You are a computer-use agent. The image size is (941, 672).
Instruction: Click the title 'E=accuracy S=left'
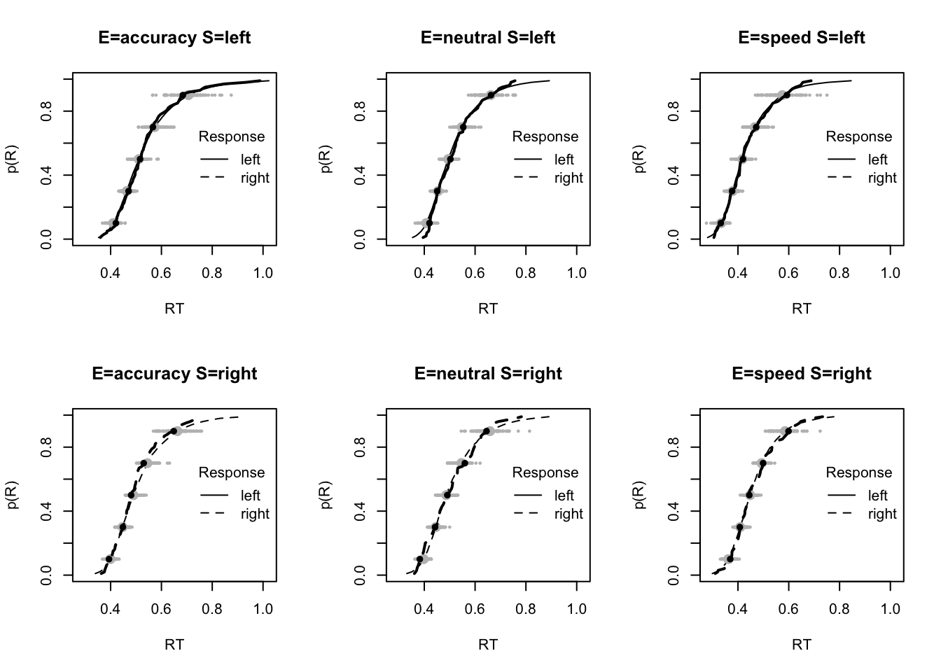[174, 38]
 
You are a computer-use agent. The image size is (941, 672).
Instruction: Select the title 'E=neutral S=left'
[488, 38]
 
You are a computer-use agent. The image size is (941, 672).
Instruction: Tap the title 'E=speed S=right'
[802, 374]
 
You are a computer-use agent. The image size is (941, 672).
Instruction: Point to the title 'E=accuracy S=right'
[174, 374]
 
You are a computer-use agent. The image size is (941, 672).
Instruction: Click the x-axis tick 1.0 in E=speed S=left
[890, 272]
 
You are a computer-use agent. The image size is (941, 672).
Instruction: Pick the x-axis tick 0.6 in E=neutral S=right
[475, 608]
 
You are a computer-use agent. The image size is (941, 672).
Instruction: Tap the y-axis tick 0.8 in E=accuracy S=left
[47, 111]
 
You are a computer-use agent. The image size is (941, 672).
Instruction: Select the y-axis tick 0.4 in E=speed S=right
[674, 512]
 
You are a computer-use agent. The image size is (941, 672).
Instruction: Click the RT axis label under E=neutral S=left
[488, 308]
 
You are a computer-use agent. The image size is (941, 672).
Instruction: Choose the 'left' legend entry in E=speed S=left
[877, 160]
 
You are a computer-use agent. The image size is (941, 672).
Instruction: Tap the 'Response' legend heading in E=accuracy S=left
[232, 136]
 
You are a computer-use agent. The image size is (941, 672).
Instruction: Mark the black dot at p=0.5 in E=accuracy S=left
[139, 159]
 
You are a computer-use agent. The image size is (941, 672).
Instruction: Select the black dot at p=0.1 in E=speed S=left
[720, 223]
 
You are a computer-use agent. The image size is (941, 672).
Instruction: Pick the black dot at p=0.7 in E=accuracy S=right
[144, 463]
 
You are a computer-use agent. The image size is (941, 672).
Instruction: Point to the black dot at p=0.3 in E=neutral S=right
[435, 527]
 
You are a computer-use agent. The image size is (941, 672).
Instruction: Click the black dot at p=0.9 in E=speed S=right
[788, 431]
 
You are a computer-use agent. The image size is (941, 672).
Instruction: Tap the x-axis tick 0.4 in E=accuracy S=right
[111, 608]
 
